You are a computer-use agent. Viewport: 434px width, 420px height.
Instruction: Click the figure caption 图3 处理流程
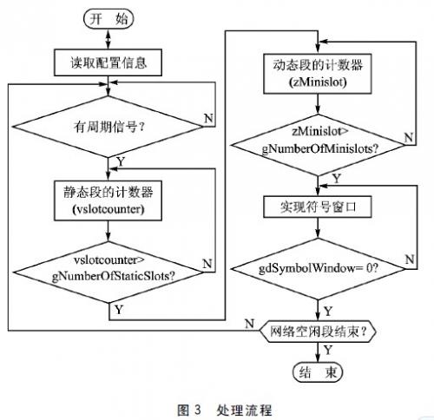pos(217,404)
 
